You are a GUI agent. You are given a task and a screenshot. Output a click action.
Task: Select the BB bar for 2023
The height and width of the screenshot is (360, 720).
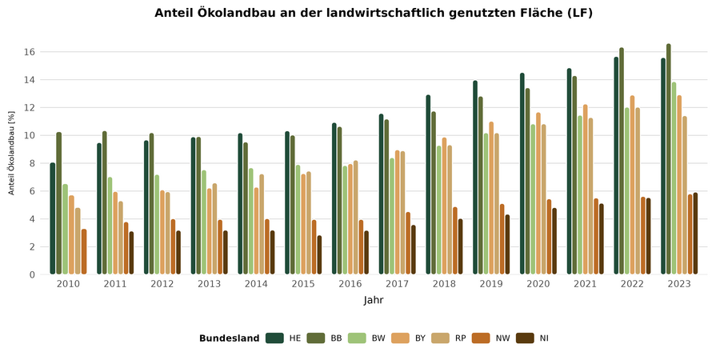point(669,159)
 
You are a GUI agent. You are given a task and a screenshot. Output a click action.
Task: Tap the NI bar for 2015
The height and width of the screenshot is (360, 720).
point(319,255)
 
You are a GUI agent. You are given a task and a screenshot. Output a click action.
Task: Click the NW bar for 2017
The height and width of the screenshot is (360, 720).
point(408,243)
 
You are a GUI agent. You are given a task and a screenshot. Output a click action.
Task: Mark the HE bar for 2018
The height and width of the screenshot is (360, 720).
point(428,185)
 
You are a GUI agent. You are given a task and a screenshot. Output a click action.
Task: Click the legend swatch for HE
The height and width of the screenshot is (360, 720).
point(275,338)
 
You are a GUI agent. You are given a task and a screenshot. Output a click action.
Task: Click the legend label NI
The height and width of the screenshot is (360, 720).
point(544,338)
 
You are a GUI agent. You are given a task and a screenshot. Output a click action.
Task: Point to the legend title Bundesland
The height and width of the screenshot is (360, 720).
point(230,338)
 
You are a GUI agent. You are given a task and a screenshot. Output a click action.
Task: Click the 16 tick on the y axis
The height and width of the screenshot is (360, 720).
point(29,52)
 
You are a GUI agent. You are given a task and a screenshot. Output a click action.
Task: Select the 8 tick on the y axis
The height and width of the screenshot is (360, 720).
point(31,163)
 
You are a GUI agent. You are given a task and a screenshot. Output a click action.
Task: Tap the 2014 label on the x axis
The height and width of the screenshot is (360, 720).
point(257,285)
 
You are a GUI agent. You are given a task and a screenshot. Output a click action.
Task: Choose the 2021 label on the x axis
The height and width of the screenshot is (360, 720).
point(585,285)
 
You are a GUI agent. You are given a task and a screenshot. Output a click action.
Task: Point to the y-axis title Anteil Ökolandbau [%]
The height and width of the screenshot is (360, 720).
point(12,153)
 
